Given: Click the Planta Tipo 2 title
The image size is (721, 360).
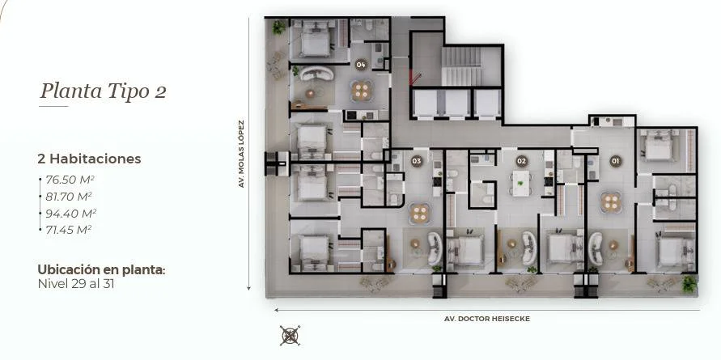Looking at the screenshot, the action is (103, 91).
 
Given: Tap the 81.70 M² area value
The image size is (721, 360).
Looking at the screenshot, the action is (69, 197).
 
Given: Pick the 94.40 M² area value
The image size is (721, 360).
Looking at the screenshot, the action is (71, 214).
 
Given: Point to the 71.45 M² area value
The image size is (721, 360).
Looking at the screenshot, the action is (68, 230).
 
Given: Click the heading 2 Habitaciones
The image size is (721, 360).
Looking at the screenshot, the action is (89, 159).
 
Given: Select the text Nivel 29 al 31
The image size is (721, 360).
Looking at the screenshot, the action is (76, 284).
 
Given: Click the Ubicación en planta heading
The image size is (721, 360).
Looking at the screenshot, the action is (101, 270).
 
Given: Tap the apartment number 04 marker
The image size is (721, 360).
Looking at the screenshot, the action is (361, 65).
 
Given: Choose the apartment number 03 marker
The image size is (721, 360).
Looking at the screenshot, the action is (417, 161).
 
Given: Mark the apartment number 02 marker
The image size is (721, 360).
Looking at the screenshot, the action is (521, 161).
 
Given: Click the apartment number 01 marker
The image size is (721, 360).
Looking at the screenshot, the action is (615, 161).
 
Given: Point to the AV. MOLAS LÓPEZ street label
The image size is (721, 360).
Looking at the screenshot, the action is (241, 154).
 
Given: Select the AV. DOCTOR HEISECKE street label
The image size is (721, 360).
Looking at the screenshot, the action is (487, 319).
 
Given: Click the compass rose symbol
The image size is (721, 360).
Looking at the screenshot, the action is (291, 335).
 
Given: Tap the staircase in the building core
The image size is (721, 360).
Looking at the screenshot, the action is (461, 66).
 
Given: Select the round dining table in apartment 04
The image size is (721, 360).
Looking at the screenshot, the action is (362, 91).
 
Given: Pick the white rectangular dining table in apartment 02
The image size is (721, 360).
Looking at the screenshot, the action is (521, 184).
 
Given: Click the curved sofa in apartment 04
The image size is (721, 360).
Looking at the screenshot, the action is (316, 73).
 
